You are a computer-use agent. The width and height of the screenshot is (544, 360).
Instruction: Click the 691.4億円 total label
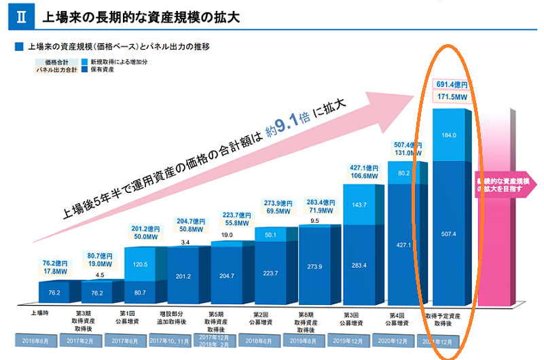point(451,85)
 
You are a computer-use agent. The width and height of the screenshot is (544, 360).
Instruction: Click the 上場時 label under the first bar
point(39,314)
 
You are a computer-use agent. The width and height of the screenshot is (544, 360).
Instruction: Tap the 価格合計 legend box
point(57,61)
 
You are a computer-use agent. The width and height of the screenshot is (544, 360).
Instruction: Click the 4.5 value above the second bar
point(99,275)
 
